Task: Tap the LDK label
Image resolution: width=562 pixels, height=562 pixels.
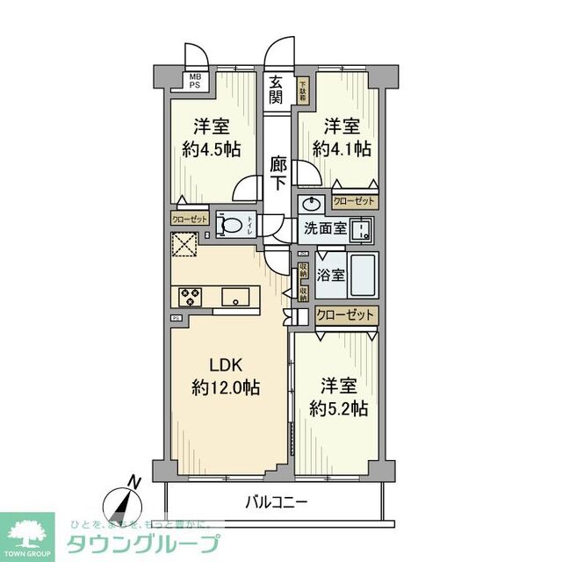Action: (224, 365)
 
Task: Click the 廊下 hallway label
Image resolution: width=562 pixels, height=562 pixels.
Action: (278, 173)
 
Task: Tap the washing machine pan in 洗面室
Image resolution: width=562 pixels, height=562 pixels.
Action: (361, 231)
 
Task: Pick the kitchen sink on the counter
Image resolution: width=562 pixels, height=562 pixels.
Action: (237, 295)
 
